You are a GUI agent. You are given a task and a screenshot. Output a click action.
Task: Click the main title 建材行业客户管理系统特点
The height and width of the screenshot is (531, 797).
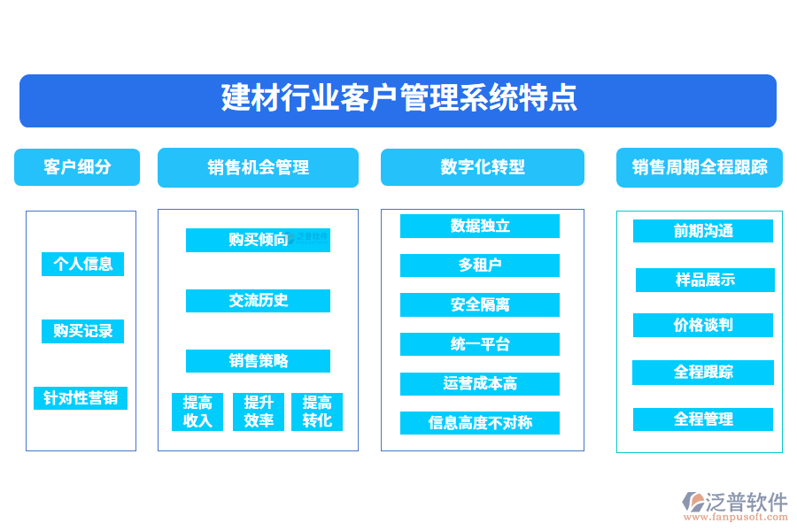coord(398,100)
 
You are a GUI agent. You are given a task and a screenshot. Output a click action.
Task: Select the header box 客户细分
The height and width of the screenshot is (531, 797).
coord(77,167)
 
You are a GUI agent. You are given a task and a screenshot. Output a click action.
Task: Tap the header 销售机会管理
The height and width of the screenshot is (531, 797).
coord(258,167)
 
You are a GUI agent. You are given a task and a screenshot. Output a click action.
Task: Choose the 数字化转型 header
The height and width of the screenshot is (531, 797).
coord(482,167)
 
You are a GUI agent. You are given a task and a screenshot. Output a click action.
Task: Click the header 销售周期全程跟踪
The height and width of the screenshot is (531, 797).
coord(699,167)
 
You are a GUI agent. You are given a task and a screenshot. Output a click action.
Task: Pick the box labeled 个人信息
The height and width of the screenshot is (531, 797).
coord(82,264)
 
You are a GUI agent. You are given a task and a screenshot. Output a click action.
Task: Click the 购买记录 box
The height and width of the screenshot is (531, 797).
coord(82,331)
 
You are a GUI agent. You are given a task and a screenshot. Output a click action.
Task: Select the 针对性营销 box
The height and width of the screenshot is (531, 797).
coord(81,397)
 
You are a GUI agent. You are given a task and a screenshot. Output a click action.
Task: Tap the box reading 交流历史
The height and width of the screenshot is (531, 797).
coord(258,300)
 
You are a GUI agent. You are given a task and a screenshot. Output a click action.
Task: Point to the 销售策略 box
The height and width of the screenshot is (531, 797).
coord(258,360)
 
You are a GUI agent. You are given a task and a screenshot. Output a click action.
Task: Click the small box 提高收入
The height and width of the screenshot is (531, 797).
coord(197,412)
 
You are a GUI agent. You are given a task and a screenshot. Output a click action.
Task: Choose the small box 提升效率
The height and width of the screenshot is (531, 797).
coord(259,412)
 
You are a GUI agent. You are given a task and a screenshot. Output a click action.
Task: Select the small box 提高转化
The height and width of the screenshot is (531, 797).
coord(317,412)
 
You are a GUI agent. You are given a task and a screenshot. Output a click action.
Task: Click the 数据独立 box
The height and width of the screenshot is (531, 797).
coord(479,226)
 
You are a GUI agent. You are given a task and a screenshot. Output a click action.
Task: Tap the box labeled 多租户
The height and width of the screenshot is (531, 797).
coord(479,265)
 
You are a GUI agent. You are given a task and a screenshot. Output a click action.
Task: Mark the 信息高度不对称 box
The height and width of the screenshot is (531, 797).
coord(479,422)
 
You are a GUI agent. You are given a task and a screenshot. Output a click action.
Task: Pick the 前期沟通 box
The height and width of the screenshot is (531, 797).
coord(702,231)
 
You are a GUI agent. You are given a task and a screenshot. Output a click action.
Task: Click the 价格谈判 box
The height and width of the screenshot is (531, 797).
coord(702,325)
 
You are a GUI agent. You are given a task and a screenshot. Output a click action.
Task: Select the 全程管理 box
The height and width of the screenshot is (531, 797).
coord(702,419)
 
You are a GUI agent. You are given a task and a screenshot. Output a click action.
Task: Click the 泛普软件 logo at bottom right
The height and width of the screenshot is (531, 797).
coord(735,506)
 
